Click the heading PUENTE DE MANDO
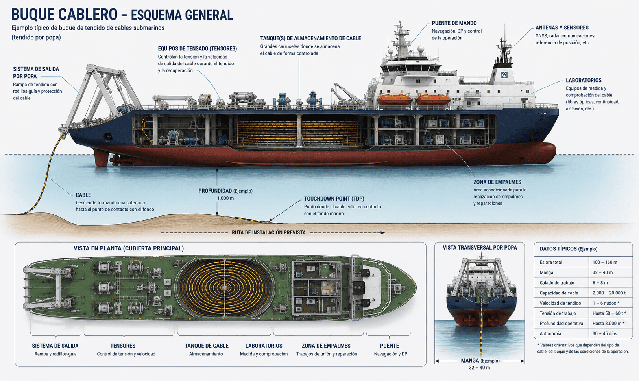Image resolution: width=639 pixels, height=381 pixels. [454, 23]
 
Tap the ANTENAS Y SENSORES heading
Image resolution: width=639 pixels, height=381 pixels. [562, 28]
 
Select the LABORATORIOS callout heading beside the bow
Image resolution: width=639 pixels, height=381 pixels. [584, 80]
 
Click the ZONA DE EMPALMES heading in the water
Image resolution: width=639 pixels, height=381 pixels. [497, 182]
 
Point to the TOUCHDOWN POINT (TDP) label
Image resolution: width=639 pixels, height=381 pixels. [334, 199]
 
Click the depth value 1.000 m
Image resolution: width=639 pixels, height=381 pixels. [225, 198]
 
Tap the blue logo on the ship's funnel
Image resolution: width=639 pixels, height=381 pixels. [504, 75]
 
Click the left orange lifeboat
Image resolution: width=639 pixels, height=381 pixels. [395, 99]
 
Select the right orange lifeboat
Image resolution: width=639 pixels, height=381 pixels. [433, 99]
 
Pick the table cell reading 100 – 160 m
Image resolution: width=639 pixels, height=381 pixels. [605, 263]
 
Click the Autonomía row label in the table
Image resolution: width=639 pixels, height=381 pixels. [550, 334]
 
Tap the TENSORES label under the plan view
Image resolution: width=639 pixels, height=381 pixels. [123, 346]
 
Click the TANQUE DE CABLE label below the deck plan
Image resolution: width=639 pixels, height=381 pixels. [207, 346]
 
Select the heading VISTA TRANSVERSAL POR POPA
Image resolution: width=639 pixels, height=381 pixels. [480, 248]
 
